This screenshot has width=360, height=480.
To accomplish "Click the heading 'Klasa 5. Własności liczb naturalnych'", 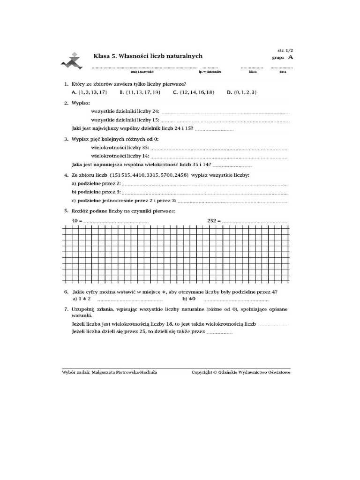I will click(148, 56).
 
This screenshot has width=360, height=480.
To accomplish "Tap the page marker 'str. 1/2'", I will click(284, 49).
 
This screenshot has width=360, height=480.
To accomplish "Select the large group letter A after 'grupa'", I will click(291, 57).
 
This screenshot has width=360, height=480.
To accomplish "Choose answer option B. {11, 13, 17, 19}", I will click(140, 93).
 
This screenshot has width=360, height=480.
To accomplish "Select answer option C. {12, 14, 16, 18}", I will click(194, 93).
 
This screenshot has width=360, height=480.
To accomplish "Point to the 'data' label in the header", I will click(283, 72).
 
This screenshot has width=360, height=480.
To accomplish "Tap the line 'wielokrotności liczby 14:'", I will click(120, 156).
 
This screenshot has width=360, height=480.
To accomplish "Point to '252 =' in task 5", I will click(213, 220).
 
